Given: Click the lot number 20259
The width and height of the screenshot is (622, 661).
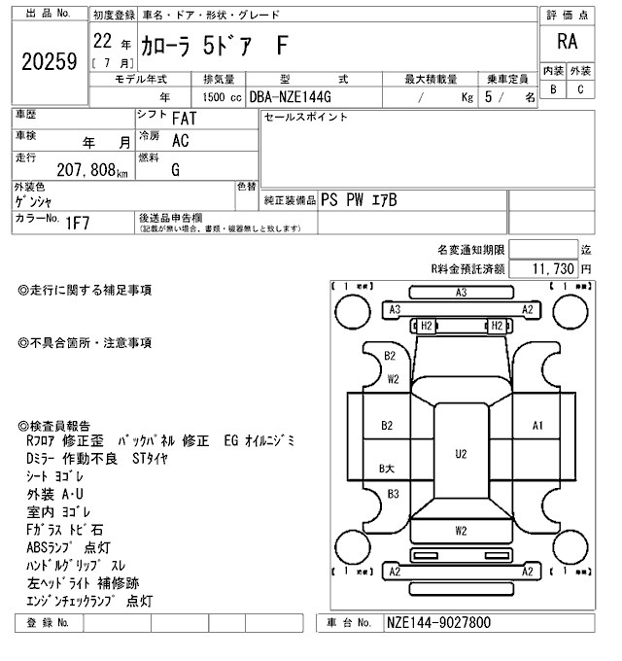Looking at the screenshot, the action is (x=49, y=62).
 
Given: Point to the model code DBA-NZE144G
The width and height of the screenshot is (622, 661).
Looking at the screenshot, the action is (x=290, y=97).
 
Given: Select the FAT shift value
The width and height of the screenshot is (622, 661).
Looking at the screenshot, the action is (x=181, y=118).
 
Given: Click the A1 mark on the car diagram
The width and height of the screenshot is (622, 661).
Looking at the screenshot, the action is (x=537, y=426).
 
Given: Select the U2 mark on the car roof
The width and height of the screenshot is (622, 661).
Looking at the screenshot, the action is (x=461, y=454).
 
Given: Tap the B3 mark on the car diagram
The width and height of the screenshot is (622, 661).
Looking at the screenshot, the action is (x=394, y=494).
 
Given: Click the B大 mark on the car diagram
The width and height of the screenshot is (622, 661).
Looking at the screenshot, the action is (x=387, y=469).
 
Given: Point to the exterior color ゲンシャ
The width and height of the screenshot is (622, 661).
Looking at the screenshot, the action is (x=34, y=201).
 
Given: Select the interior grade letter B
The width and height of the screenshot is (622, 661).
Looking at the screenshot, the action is (x=553, y=89).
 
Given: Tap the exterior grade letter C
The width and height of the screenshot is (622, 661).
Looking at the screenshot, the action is (x=580, y=89).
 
